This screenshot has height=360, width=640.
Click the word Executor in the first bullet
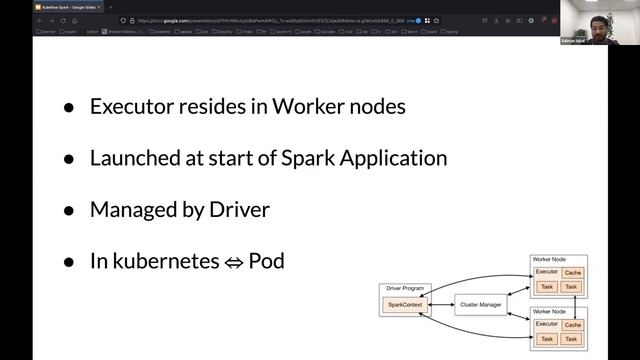(130, 106)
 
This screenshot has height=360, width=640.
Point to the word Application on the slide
(398, 158)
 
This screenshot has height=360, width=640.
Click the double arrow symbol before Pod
(232, 263)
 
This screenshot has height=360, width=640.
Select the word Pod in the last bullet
(266, 262)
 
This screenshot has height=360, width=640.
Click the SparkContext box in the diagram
(406, 303)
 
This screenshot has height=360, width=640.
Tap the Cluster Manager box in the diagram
(481, 303)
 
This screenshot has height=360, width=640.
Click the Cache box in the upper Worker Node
(572, 272)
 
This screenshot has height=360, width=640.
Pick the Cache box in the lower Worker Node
(572, 325)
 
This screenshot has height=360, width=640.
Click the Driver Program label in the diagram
(405, 289)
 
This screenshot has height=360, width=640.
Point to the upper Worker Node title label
(548, 259)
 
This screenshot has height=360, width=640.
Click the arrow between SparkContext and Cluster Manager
(441, 303)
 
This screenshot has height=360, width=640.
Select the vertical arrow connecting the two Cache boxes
(572, 298)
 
